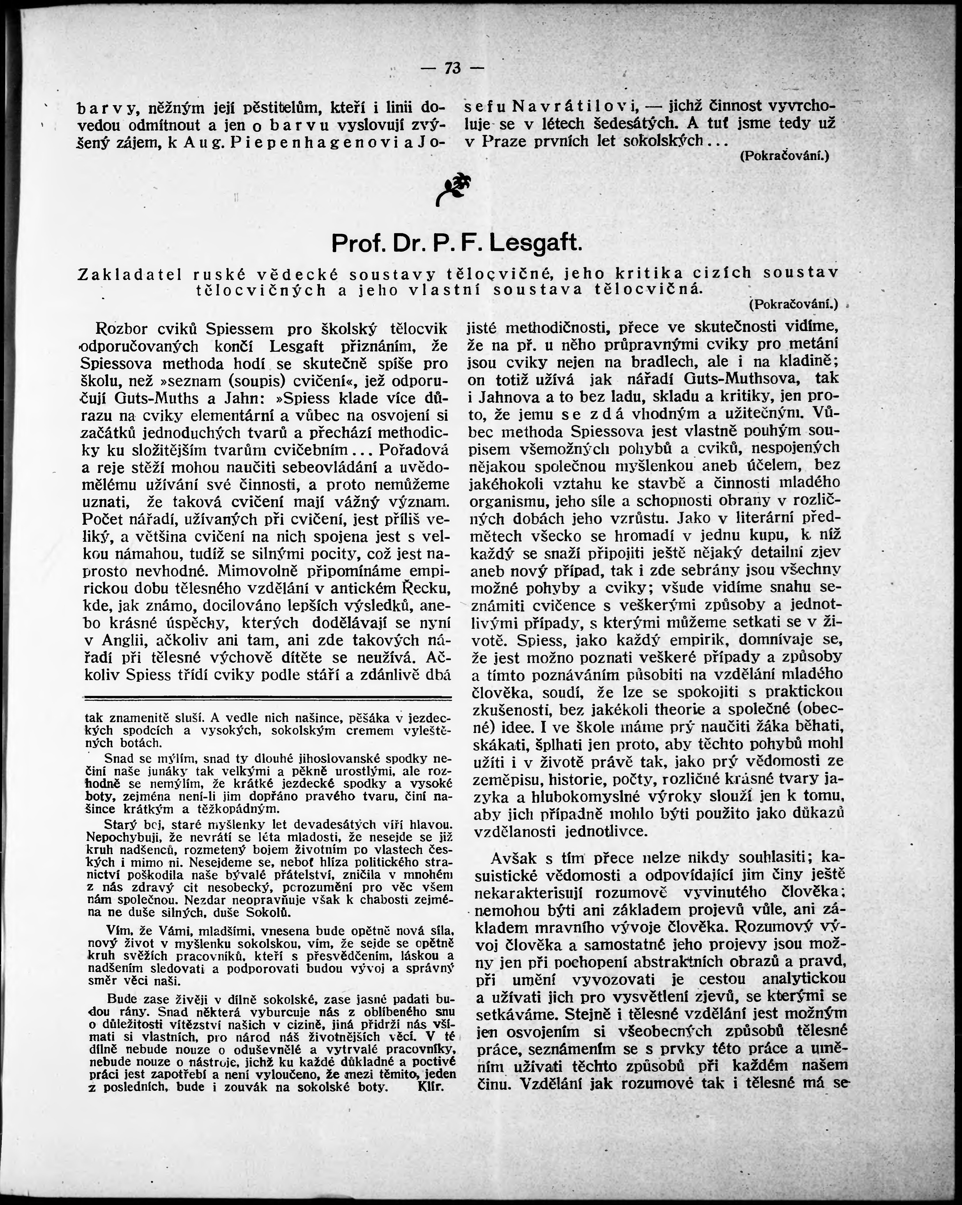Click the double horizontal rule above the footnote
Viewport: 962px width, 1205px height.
point(267,697)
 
